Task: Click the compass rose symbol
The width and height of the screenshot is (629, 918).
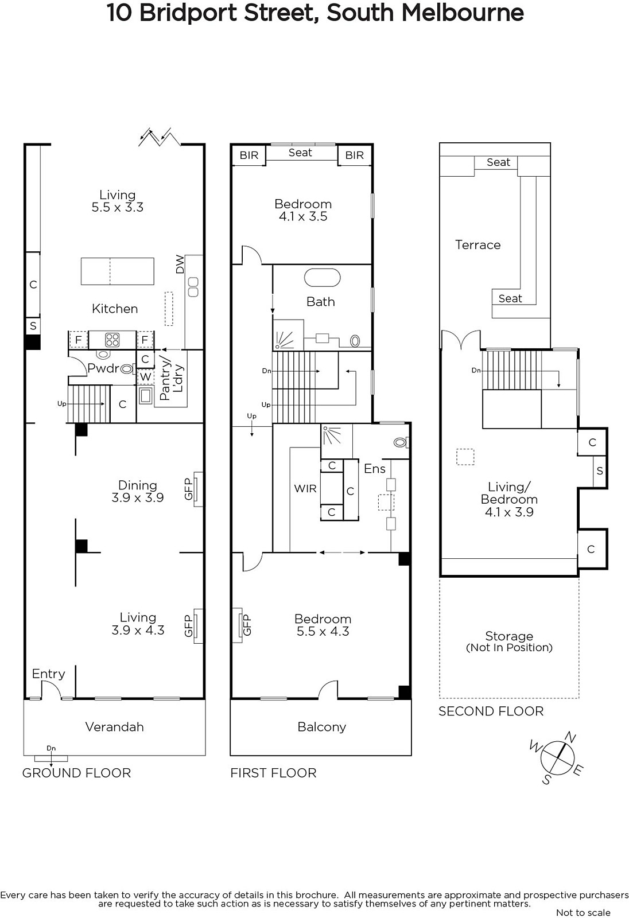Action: [x=557, y=758]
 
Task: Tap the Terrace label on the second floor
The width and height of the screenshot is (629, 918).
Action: [x=477, y=245]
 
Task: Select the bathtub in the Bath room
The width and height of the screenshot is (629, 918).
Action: [x=323, y=278]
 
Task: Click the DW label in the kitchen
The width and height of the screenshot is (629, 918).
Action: [x=180, y=264]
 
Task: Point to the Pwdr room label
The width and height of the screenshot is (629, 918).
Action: [x=103, y=368]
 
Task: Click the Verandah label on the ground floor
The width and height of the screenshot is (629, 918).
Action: [x=114, y=727]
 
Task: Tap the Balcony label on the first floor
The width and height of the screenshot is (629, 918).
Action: [x=322, y=727]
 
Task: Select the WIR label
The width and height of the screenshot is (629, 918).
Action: [x=305, y=488]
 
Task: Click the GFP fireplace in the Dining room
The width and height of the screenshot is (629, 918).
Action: [x=198, y=489]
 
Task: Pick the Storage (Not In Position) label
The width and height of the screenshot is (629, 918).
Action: [x=509, y=641]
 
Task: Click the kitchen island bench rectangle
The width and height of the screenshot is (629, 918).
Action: [x=117, y=271]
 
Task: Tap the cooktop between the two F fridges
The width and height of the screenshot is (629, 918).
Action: [x=112, y=340]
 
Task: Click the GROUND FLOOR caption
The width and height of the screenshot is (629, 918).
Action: [x=77, y=773]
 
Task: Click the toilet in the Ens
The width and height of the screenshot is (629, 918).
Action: [x=400, y=442]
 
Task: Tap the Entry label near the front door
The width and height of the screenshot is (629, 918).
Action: [x=48, y=674]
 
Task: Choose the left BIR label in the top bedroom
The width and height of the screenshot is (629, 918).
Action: [x=249, y=155]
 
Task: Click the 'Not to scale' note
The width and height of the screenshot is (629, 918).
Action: [x=583, y=912]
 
